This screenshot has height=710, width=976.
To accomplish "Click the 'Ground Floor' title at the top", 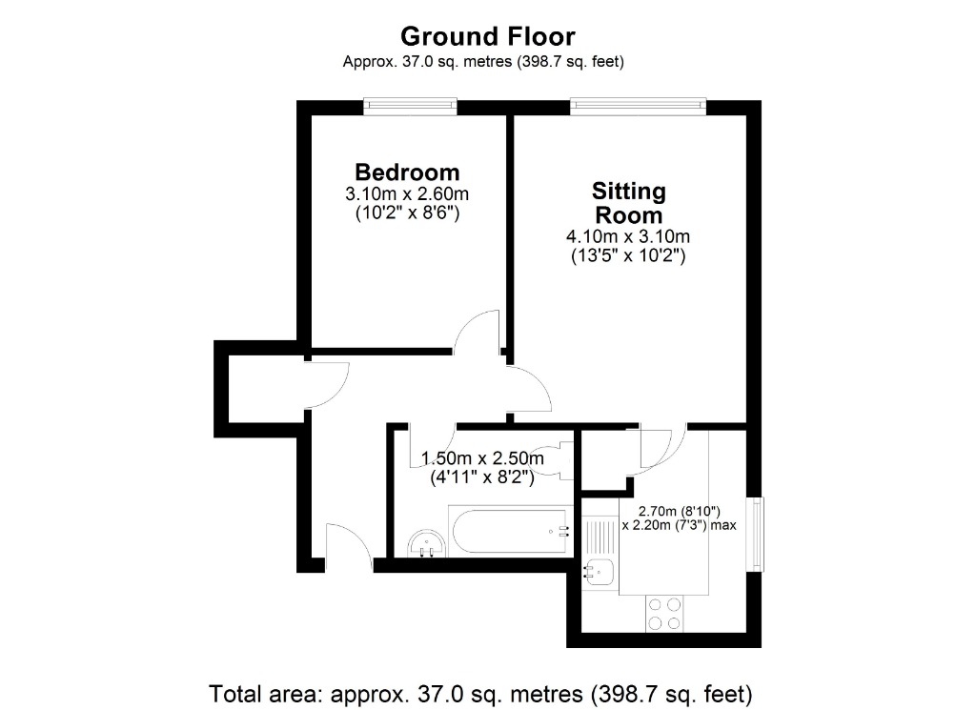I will tap(487, 36).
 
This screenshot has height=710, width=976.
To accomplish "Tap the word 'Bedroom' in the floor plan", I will tap(407, 172).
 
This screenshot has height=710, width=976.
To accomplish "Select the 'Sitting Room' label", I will tap(629, 202).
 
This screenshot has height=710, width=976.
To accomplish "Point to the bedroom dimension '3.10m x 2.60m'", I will tap(407, 194).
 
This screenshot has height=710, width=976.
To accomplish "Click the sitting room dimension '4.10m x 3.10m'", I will tap(629, 236).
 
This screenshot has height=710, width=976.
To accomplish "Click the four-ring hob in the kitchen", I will tap(664, 613).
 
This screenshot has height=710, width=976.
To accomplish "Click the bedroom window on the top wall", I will tap(410, 104).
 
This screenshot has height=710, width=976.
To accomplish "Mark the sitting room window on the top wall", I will tap(638, 104).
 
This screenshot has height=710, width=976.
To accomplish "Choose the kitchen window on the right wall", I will tap(755, 534).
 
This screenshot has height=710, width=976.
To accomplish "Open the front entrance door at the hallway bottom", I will tap(348, 548).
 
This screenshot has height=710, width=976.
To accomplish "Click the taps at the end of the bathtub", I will tap(564, 533).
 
